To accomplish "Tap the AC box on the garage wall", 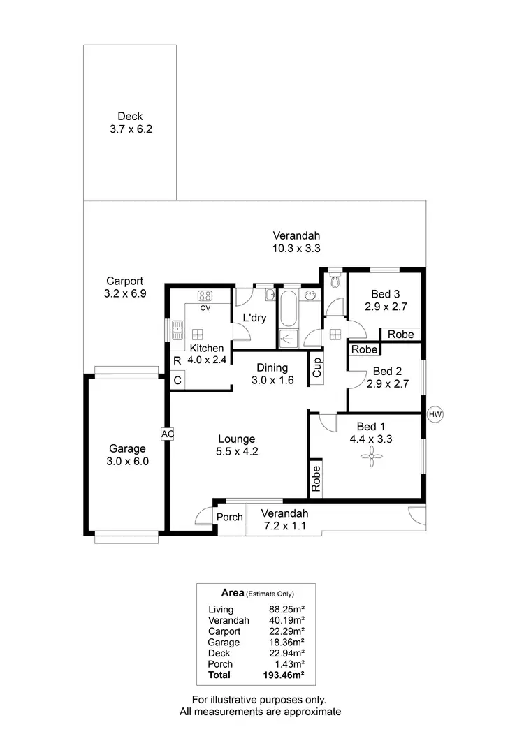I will pos(167,434).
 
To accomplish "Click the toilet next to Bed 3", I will pos(335,280).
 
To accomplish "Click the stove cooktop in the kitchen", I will pos(205,295).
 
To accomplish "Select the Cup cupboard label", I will pos(316,367).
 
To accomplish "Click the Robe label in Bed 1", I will pos(316,480).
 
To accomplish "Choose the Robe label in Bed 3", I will pos(401,335).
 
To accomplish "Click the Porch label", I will pos(229,518).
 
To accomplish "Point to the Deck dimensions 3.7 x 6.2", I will pos(131,129).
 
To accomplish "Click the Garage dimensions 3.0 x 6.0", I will pos(127,462).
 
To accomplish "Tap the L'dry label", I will pos(254,318).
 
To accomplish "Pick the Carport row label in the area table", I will pos(224,631).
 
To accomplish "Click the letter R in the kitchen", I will pos(177,360).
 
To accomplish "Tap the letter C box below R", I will pos(177,380).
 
